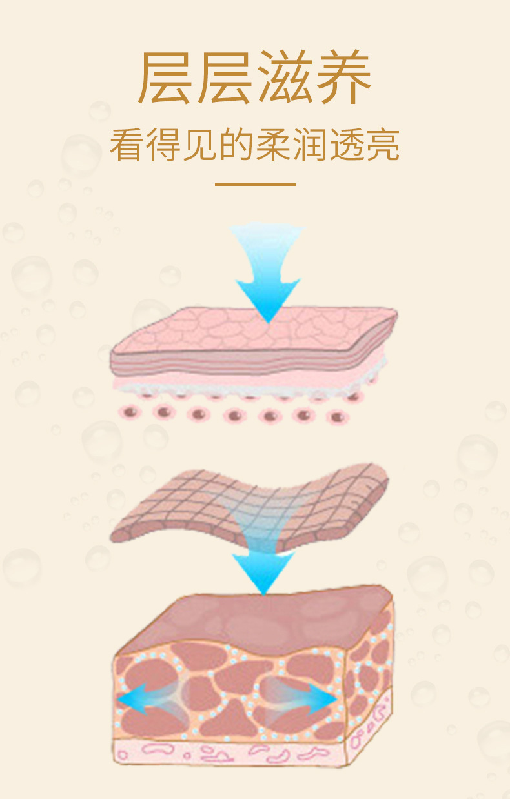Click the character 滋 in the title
pos(283,78)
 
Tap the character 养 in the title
pos(342,78)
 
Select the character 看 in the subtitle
pos(127,146)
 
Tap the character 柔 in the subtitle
pos(273,146)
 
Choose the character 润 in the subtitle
pos(310,146)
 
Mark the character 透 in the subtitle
pos(347,146)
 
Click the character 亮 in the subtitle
pos(383,146)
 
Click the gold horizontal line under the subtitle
pos(255,185)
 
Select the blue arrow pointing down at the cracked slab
pos(267,271)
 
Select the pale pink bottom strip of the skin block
pos(232,753)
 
